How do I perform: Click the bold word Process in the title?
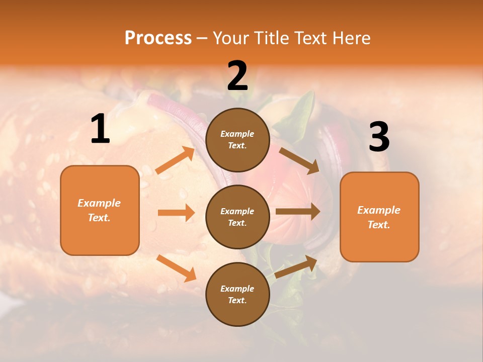pyautogui.click(x=158, y=38)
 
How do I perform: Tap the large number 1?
pyautogui.click(x=100, y=129)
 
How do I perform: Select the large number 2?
pyautogui.click(x=237, y=76)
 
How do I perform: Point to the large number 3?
pyautogui.click(x=379, y=137)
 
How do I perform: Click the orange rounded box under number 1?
pyautogui.click(x=100, y=210)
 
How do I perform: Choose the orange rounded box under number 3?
pyautogui.click(x=379, y=217)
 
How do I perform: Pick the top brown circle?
pyautogui.click(x=237, y=140)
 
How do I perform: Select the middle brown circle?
pyautogui.click(x=237, y=217)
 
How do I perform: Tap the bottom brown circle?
pyautogui.click(x=237, y=294)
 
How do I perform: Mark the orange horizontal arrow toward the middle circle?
pyautogui.click(x=176, y=213)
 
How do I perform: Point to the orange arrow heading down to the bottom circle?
pyautogui.click(x=176, y=268)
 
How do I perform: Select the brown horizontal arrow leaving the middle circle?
pyautogui.click(x=298, y=212)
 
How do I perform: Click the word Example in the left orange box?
pyautogui.click(x=99, y=203)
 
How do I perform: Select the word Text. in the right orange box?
pyautogui.click(x=379, y=225)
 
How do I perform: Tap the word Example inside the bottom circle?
pyautogui.click(x=237, y=289)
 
